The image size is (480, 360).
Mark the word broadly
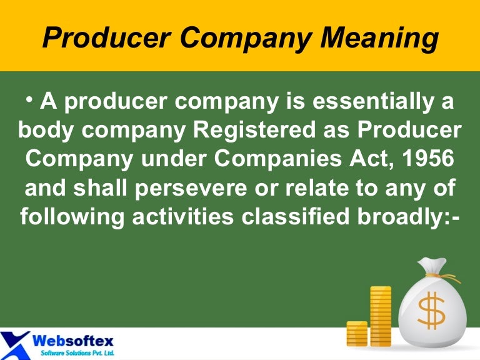409,216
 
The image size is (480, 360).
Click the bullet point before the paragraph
29,99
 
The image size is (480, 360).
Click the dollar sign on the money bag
431,311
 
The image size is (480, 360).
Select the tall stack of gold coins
380,316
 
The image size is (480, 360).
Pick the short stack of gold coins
357,334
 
